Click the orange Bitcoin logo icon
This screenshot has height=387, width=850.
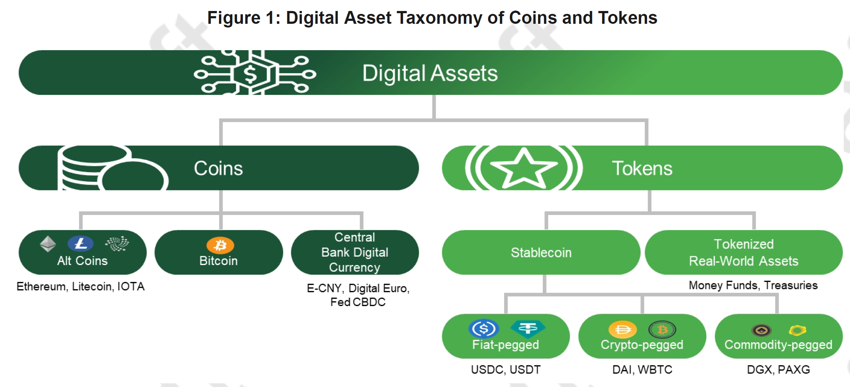220,245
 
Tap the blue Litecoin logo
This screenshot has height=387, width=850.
81,243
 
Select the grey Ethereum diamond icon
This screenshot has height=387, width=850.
48,244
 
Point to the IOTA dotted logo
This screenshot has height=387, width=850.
117,243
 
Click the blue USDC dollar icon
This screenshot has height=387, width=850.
484,328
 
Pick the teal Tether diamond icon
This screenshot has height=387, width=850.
528,328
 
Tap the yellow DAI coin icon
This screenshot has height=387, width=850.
622,330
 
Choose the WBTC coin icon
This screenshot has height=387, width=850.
662,330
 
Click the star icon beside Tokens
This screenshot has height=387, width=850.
524,168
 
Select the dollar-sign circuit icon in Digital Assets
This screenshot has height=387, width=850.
255,73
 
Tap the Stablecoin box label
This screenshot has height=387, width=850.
541,252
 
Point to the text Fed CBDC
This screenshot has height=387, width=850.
358,302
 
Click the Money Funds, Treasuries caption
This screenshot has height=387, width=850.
753,285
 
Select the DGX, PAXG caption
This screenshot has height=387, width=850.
779,369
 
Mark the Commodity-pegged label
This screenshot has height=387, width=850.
779,345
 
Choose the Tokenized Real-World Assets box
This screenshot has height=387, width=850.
744,252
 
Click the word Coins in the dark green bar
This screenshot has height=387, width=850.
218,168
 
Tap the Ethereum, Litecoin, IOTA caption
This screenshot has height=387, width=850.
81,286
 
